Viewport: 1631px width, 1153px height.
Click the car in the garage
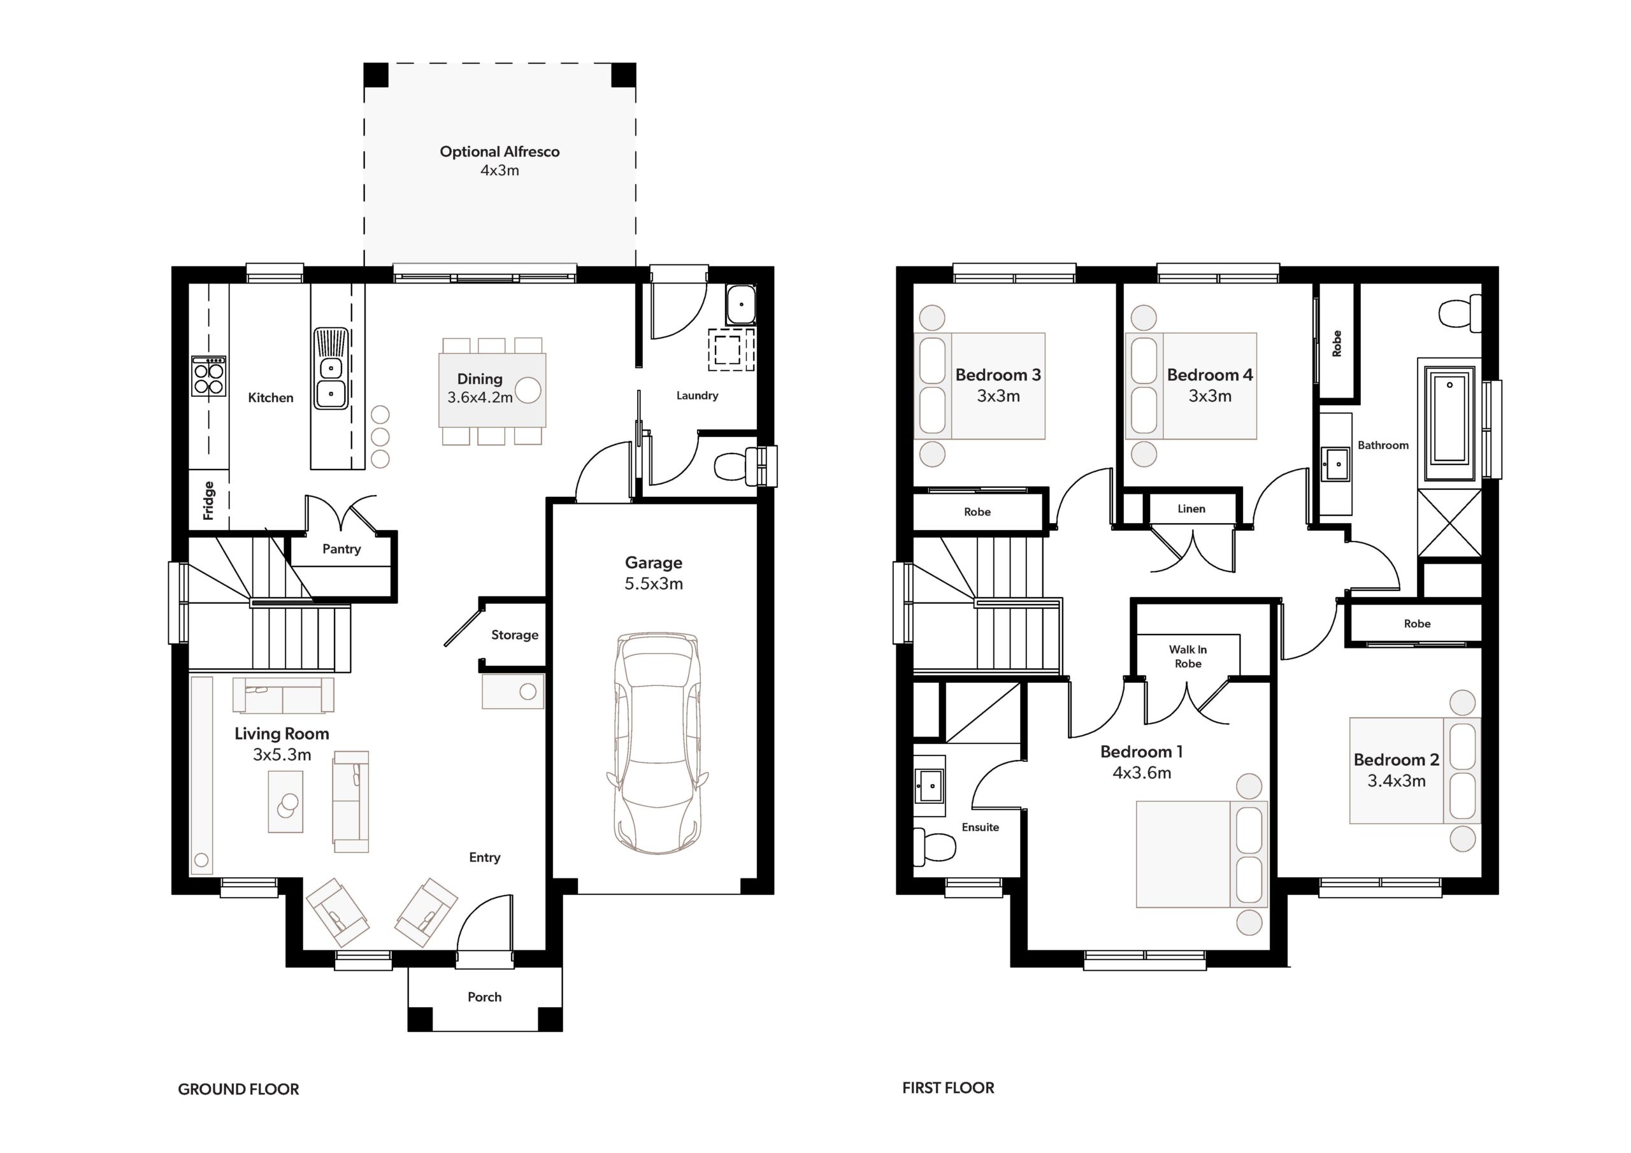(x=657, y=742)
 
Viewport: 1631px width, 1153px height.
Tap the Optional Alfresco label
(x=499, y=152)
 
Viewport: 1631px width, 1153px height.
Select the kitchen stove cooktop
(x=209, y=376)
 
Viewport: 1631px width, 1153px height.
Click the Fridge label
(x=209, y=500)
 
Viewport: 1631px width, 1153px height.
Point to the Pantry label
(x=341, y=549)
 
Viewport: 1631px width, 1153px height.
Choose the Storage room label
(x=515, y=635)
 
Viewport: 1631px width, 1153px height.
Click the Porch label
(x=484, y=997)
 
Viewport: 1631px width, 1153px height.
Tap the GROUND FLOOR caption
(x=239, y=1089)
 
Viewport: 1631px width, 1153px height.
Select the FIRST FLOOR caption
(x=949, y=1087)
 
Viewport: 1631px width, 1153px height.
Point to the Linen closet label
(x=1191, y=508)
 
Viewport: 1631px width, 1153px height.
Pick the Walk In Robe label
(x=1188, y=656)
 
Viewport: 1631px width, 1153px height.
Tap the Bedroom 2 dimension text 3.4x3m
(x=1397, y=782)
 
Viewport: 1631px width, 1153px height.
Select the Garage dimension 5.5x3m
(x=654, y=584)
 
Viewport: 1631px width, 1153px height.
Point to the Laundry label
(x=697, y=396)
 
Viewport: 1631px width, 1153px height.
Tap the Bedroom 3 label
(x=998, y=375)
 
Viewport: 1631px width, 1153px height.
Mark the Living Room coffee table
(x=285, y=801)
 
